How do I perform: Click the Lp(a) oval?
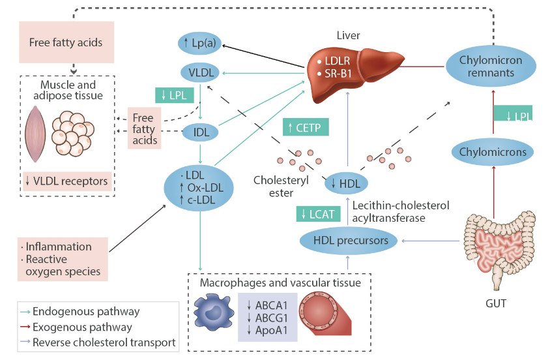pyautogui.click(x=200, y=44)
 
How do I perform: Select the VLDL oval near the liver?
pyautogui.click(x=200, y=72)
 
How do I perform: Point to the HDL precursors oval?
pyautogui.click(x=351, y=241)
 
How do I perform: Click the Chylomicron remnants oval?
pyautogui.click(x=491, y=67)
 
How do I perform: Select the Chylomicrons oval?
pyautogui.click(x=493, y=152)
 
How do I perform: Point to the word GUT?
pyautogui.click(x=497, y=304)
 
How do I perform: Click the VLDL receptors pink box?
pyautogui.click(x=67, y=180)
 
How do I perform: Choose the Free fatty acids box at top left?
pyautogui.click(x=66, y=42)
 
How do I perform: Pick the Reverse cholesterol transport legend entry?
pyautogui.click(x=104, y=342)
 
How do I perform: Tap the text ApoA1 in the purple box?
pyautogui.click(x=269, y=330)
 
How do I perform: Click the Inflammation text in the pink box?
pyautogui.click(x=59, y=247)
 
